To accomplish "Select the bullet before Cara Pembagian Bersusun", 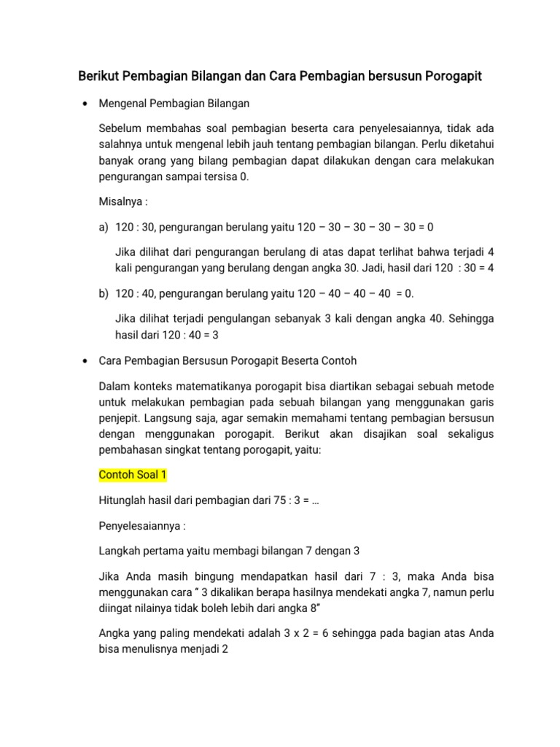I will coord(85,361).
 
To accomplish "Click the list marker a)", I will coord(104,227).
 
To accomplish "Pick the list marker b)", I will coord(104,293).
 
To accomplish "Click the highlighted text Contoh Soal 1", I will coord(133,475).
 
